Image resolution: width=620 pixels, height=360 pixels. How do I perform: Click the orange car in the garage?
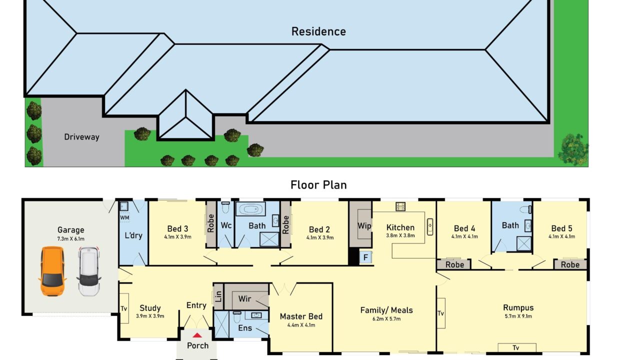[x=52, y=271]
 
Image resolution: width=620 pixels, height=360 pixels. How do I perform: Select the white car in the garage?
[x=88, y=271]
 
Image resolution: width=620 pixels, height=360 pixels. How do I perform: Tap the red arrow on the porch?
[x=197, y=335]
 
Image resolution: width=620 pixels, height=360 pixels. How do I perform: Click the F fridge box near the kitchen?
[x=365, y=257]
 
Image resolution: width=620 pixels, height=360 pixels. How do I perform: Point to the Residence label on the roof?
[x=318, y=31]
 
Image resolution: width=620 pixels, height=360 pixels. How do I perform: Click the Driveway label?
[x=81, y=137]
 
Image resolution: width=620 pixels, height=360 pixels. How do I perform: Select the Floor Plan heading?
[x=318, y=185]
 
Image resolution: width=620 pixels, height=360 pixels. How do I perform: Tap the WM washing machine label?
[x=124, y=218]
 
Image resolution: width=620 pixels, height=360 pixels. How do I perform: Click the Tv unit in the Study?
[x=124, y=308]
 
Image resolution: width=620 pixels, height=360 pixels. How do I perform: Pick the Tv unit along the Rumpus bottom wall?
[x=517, y=347]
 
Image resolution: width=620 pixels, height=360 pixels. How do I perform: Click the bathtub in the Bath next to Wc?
[x=250, y=209]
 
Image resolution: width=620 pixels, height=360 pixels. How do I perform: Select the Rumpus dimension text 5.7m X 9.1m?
[x=518, y=316]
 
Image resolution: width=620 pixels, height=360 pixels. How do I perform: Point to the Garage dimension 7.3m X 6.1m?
[x=71, y=239]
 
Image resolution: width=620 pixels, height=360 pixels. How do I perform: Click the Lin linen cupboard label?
[x=218, y=296]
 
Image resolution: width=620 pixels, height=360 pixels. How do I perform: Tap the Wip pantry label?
[x=364, y=226]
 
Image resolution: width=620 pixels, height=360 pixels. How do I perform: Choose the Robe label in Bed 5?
[x=570, y=265]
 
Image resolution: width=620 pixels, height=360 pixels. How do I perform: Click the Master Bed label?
[x=301, y=316]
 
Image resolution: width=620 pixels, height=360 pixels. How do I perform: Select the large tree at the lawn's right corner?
[x=573, y=149]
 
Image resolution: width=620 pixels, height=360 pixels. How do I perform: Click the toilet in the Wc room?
[x=225, y=207]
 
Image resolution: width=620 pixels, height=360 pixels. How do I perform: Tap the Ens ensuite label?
[x=245, y=328]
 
